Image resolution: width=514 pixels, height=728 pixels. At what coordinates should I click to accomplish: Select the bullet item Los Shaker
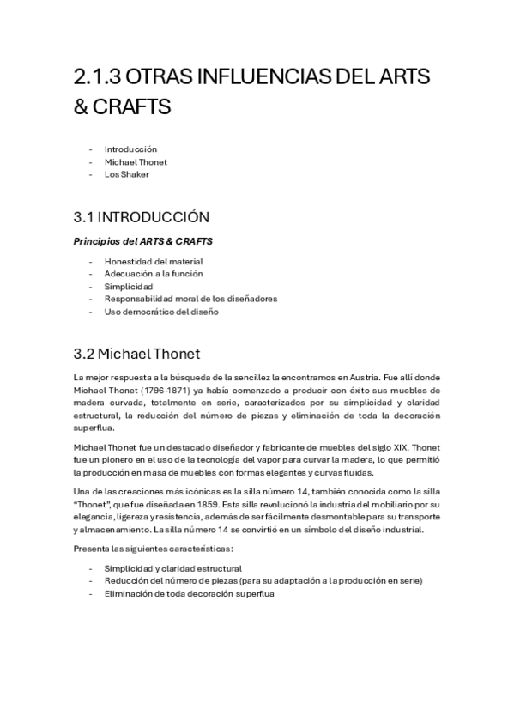[x=126, y=174]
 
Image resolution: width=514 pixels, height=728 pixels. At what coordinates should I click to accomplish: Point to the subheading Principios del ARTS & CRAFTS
[x=143, y=241]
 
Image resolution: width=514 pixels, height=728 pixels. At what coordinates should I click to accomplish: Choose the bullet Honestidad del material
[x=154, y=261]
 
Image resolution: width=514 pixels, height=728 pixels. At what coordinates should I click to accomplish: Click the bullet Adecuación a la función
[x=154, y=274]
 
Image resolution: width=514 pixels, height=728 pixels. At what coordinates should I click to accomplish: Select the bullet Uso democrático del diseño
[x=161, y=312]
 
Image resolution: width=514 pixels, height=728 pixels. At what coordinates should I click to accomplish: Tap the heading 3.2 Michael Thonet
[x=149, y=353]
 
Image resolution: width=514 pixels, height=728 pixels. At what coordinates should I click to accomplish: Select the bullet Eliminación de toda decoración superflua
[x=190, y=593]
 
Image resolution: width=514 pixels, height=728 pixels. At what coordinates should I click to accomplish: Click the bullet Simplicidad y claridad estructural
[x=172, y=568]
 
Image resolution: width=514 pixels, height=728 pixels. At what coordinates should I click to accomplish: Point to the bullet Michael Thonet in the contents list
[x=136, y=161]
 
